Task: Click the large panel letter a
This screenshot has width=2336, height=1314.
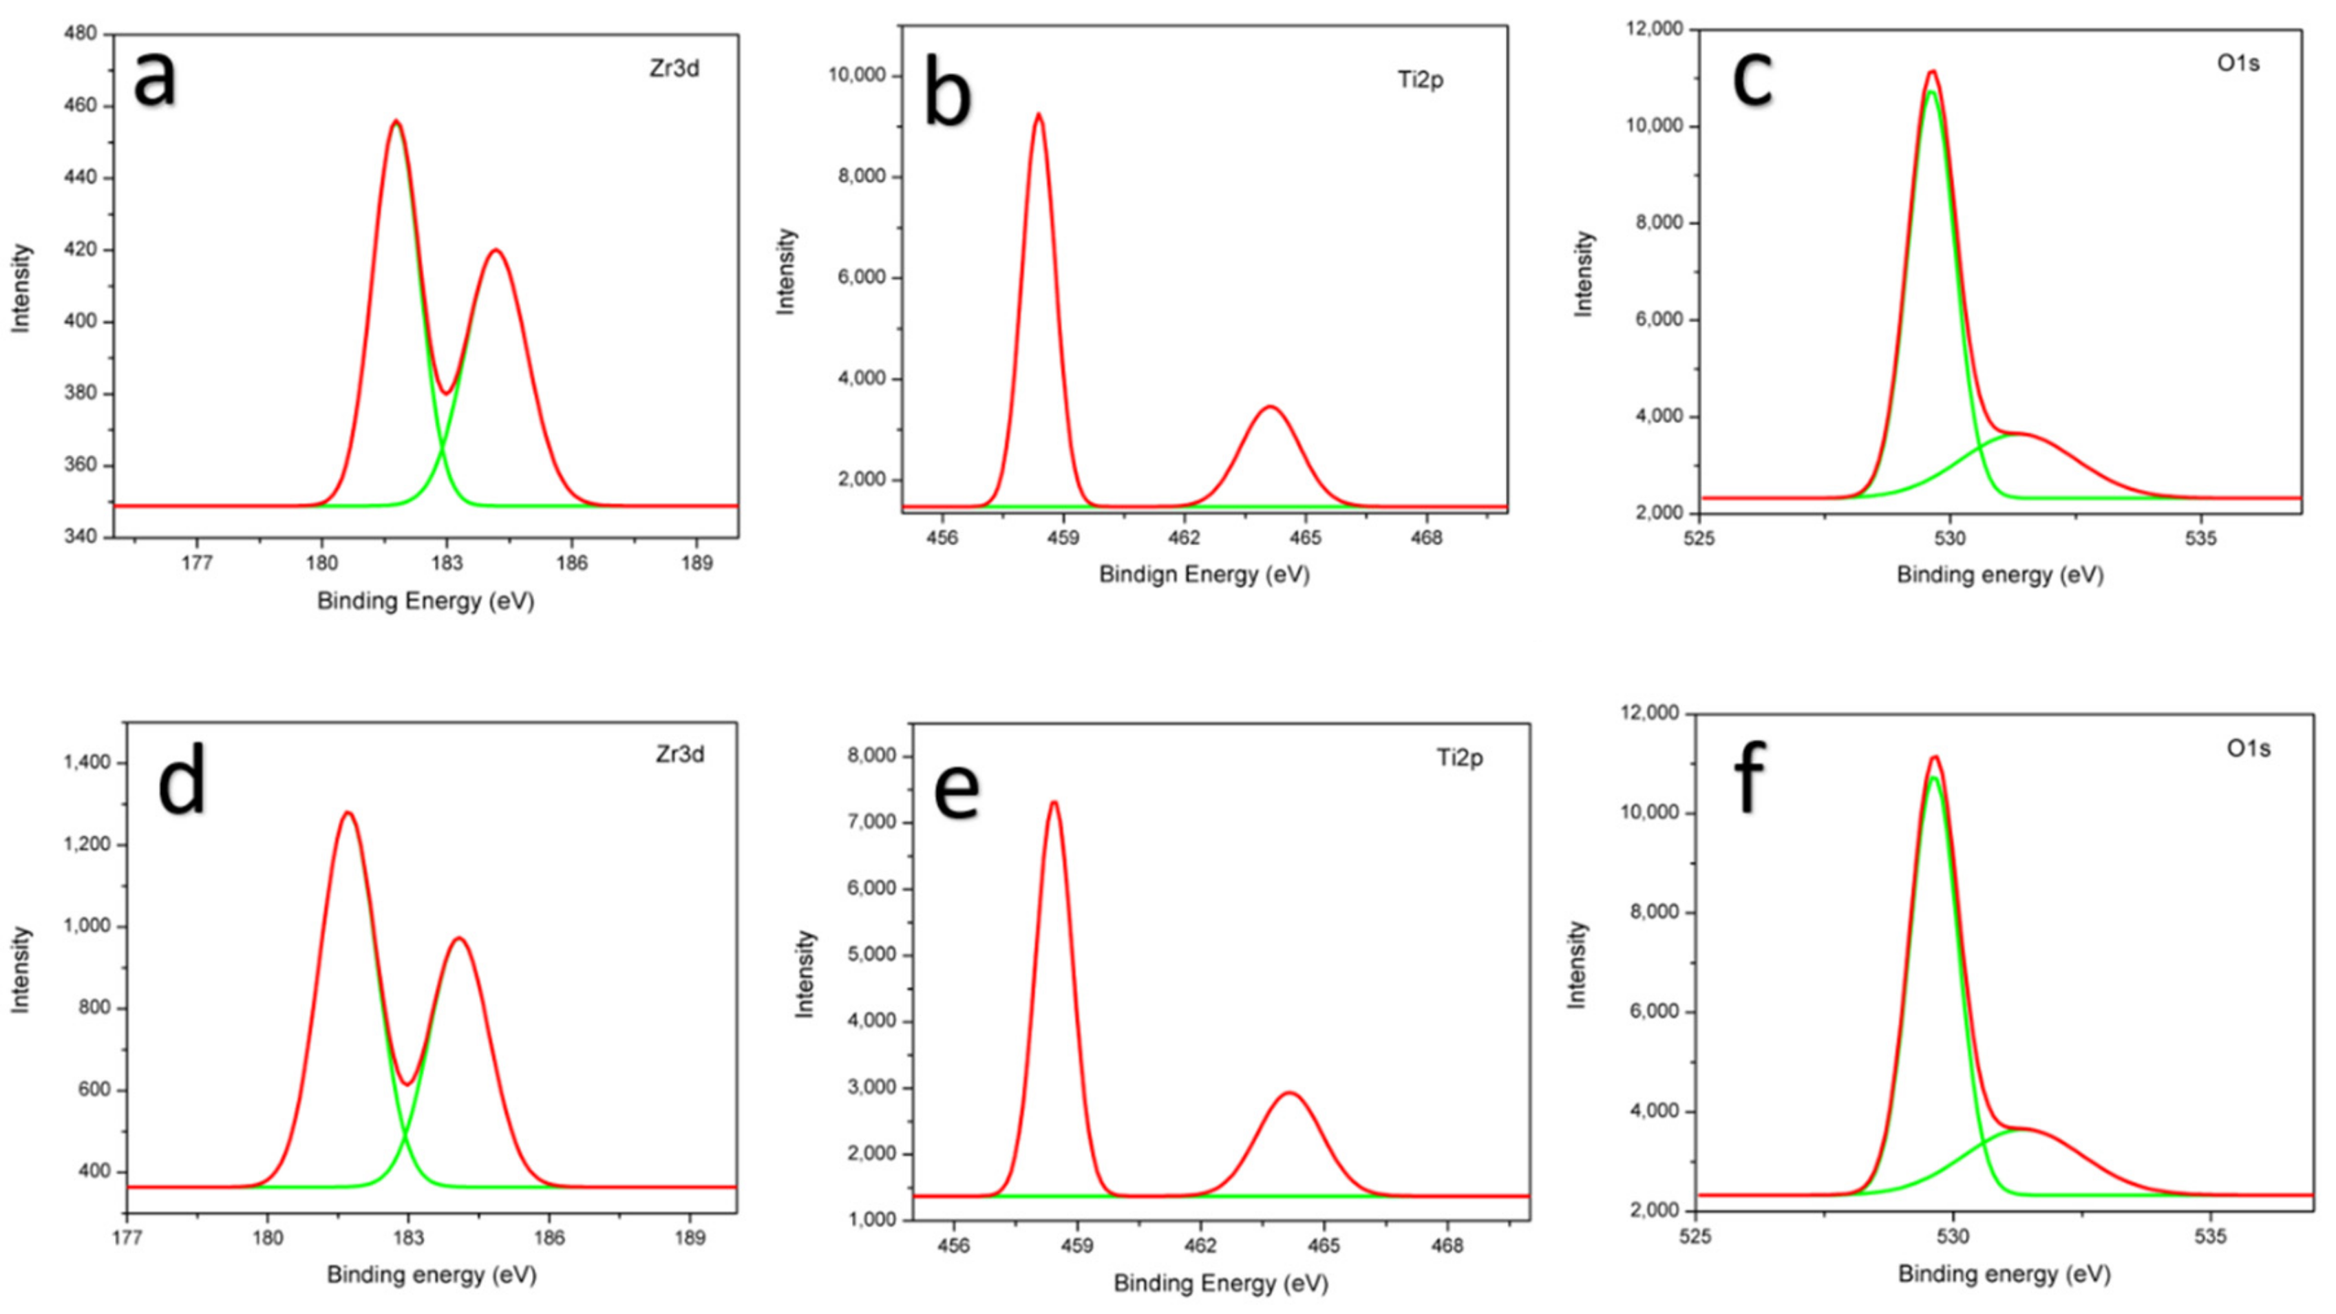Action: [154, 80]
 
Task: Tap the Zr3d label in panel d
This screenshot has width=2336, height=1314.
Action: [679, 754]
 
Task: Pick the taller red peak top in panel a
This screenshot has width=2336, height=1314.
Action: [395, 122]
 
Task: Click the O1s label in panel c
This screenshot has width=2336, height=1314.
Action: [2237, 63]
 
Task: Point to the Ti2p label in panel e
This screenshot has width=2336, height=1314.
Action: [1459, 757]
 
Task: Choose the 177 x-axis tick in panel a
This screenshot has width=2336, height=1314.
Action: [197, 563]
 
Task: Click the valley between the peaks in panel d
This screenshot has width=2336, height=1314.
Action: [408, 1083]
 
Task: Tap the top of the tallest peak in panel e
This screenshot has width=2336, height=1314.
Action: [1053, 803]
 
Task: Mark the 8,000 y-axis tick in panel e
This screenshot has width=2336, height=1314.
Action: [871, 756]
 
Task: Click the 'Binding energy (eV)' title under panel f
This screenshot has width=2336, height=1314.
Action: [2004, 1274]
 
